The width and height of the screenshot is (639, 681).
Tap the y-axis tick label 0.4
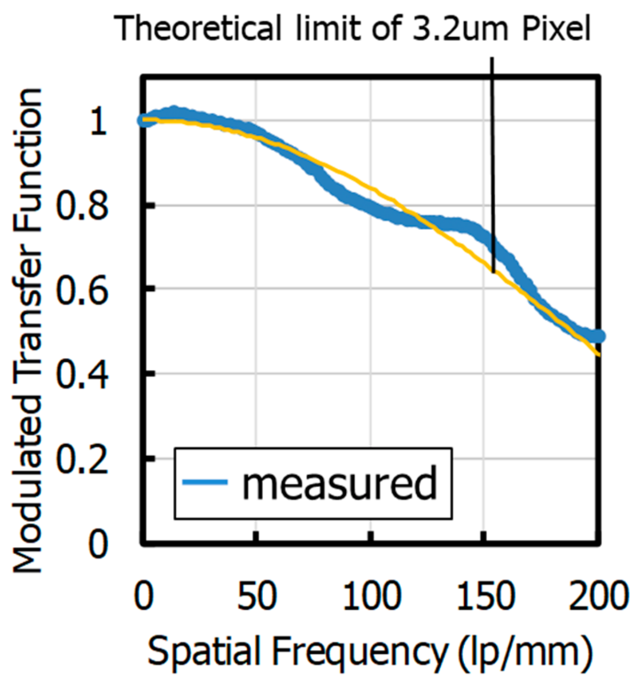click(82, 375)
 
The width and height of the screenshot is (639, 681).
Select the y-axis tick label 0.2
click(82, 459)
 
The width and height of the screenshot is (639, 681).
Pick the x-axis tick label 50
click(256, 596)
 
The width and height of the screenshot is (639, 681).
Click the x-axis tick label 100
click(371, 596)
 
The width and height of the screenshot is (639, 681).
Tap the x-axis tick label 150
click(485, 596)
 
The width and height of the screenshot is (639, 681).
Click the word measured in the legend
click(340, 484)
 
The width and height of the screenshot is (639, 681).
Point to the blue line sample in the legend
click(205, 482)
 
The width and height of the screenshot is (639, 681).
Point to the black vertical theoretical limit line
click(492, 166)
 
